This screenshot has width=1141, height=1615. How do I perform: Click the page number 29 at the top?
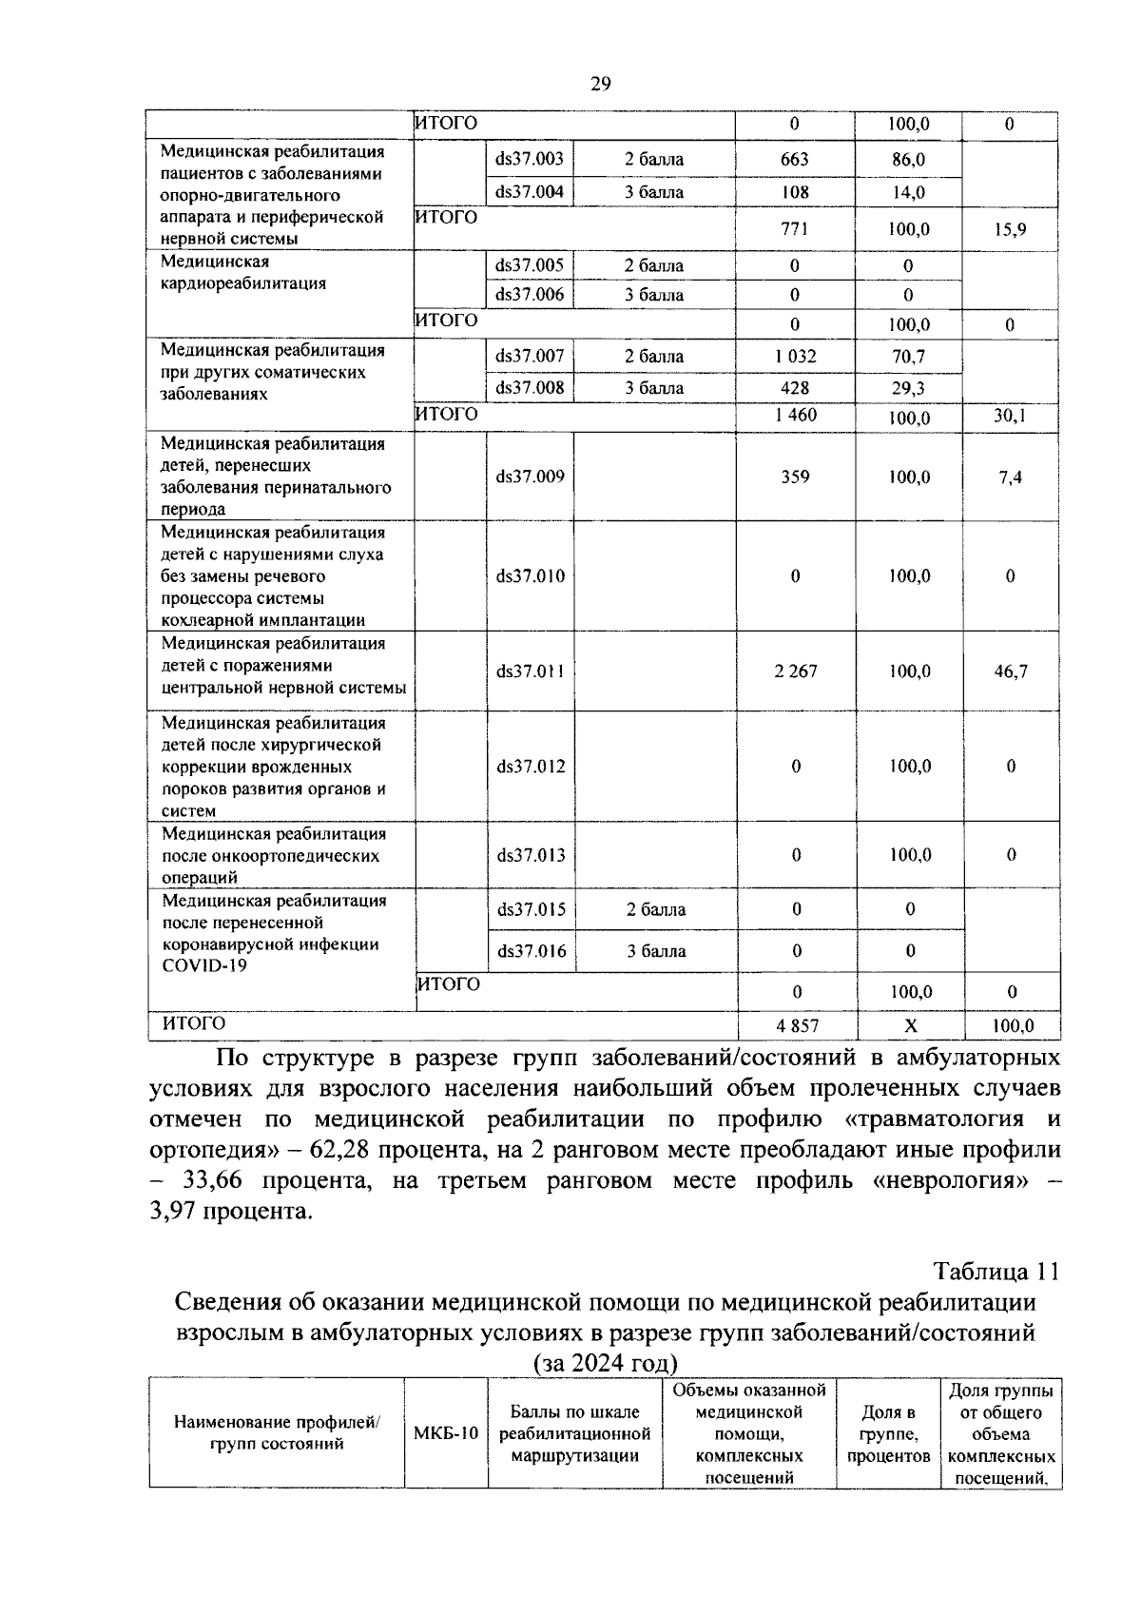click(x=600, y=84)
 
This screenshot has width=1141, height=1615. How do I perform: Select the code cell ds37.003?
click(x=529, y=159)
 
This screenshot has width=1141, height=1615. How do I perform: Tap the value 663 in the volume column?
click(x=794, y=159)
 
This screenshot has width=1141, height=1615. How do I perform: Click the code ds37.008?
click(x=529, y=387)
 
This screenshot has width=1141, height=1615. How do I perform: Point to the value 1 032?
click(x=794, y=357)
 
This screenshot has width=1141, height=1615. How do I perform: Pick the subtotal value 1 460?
click(x=795, y=416)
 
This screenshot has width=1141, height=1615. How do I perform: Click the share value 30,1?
click(x=1010, y=416)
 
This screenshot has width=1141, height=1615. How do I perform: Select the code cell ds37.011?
click(x=530, y=671)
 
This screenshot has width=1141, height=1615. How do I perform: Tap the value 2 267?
click(x=795, y=671)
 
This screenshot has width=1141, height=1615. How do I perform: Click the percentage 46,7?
click(x=1010, y=671)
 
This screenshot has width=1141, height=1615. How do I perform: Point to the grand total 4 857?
click(x=797, y=1025)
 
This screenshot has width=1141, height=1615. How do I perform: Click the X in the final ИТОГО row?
click(x=910, y=1025)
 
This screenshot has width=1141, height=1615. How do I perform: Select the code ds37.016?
click(x=531, y=950)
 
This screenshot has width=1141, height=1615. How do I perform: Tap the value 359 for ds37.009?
click(x=795, y=477)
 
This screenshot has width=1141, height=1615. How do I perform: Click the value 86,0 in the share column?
click(x=908, y=160)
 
